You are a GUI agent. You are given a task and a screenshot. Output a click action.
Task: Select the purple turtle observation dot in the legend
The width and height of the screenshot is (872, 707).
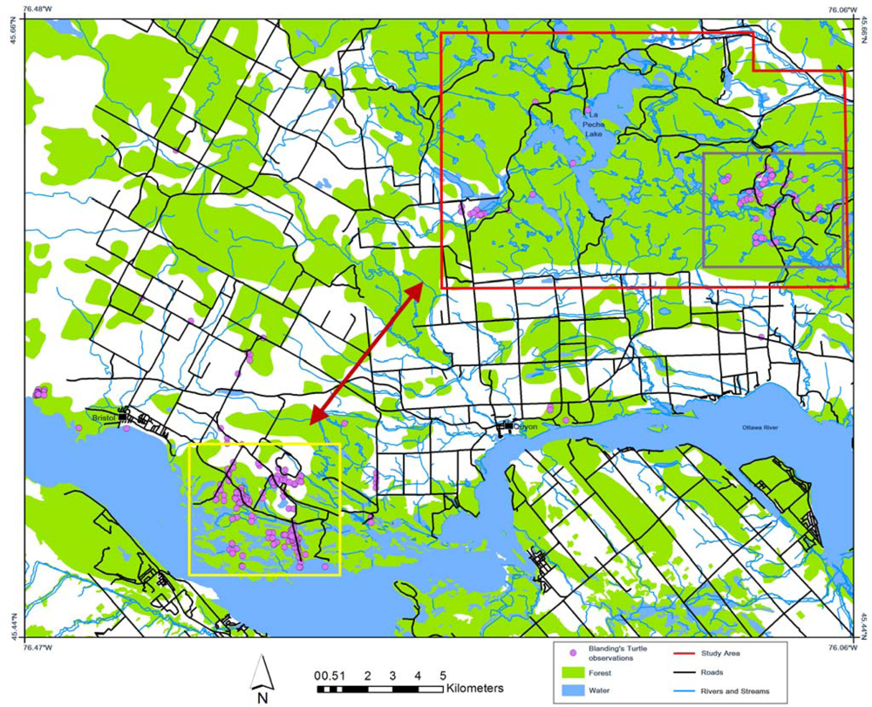click(572, 653)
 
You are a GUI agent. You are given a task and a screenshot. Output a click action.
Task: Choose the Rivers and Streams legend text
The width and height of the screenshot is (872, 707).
click(741, 692)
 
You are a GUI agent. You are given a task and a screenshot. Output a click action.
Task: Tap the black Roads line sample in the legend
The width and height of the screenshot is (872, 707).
click(690, 673)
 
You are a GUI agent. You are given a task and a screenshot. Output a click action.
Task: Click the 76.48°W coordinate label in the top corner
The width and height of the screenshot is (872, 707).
click(37, 9)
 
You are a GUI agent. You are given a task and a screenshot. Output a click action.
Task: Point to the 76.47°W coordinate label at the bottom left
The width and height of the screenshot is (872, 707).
click(37, 648)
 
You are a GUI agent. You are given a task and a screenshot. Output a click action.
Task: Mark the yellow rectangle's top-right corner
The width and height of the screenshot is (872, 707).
click(339, 445)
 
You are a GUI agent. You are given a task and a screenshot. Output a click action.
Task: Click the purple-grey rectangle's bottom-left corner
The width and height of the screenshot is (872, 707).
click(705, 267)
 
